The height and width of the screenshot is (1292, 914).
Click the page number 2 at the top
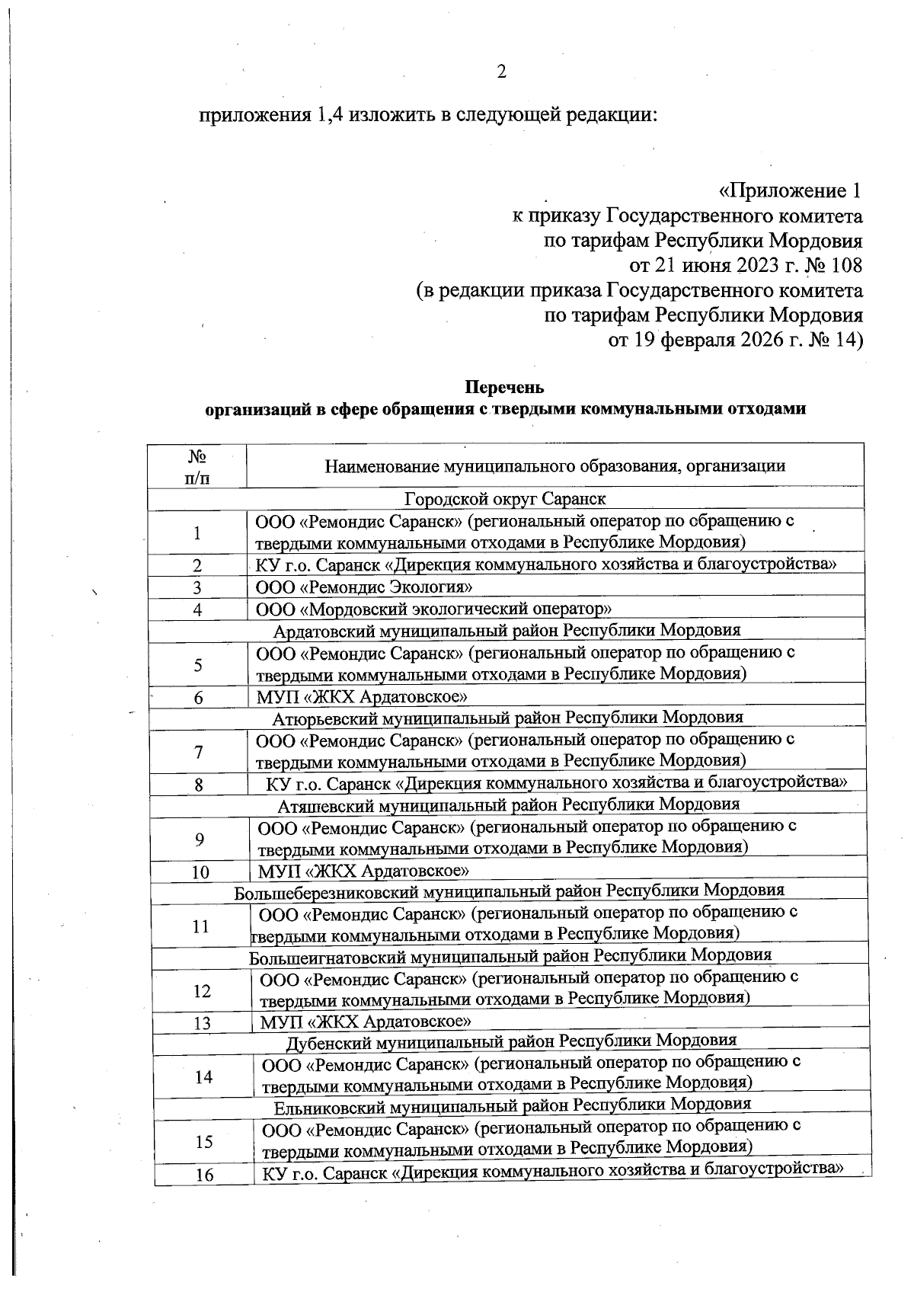click(501, 72)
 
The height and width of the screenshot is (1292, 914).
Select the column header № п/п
click(197, 466)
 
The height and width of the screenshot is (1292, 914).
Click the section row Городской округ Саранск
click(505, 499)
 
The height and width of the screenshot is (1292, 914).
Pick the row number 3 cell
click(197, 587)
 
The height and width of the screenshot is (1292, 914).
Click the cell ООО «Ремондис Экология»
click(364, 587)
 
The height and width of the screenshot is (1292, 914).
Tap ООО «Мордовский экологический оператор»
click(434, 609)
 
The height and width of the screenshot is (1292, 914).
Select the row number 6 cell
click(198, 697)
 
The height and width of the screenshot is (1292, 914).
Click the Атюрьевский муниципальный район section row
click(507, 717)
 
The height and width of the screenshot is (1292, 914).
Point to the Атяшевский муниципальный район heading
click(508, 804)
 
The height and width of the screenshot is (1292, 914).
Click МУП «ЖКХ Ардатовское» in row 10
click(363, 871)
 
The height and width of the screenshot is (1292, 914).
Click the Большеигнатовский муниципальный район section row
click(510, 955)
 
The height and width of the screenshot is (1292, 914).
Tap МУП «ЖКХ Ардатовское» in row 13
click(366, 1022)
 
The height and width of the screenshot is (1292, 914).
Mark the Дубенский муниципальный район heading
click(511, 1041)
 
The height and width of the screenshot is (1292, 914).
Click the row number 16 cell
click(204, 1175)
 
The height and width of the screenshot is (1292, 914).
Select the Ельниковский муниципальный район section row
click(512, 1104)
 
